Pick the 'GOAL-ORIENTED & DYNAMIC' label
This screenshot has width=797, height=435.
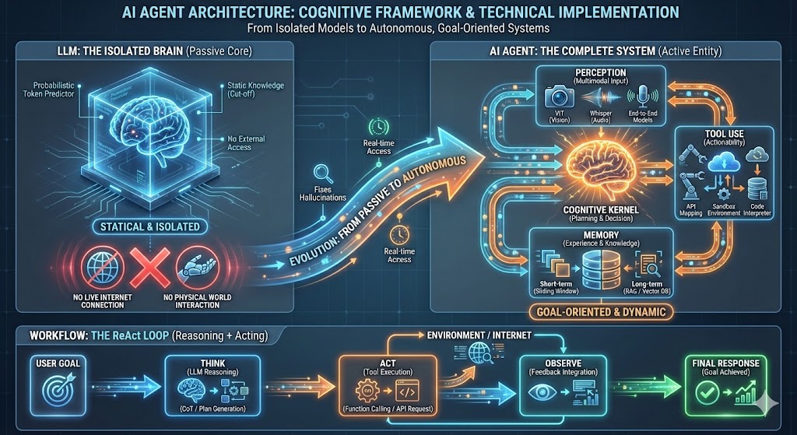point(600,313)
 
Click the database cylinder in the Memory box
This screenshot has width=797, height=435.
point(599,269)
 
